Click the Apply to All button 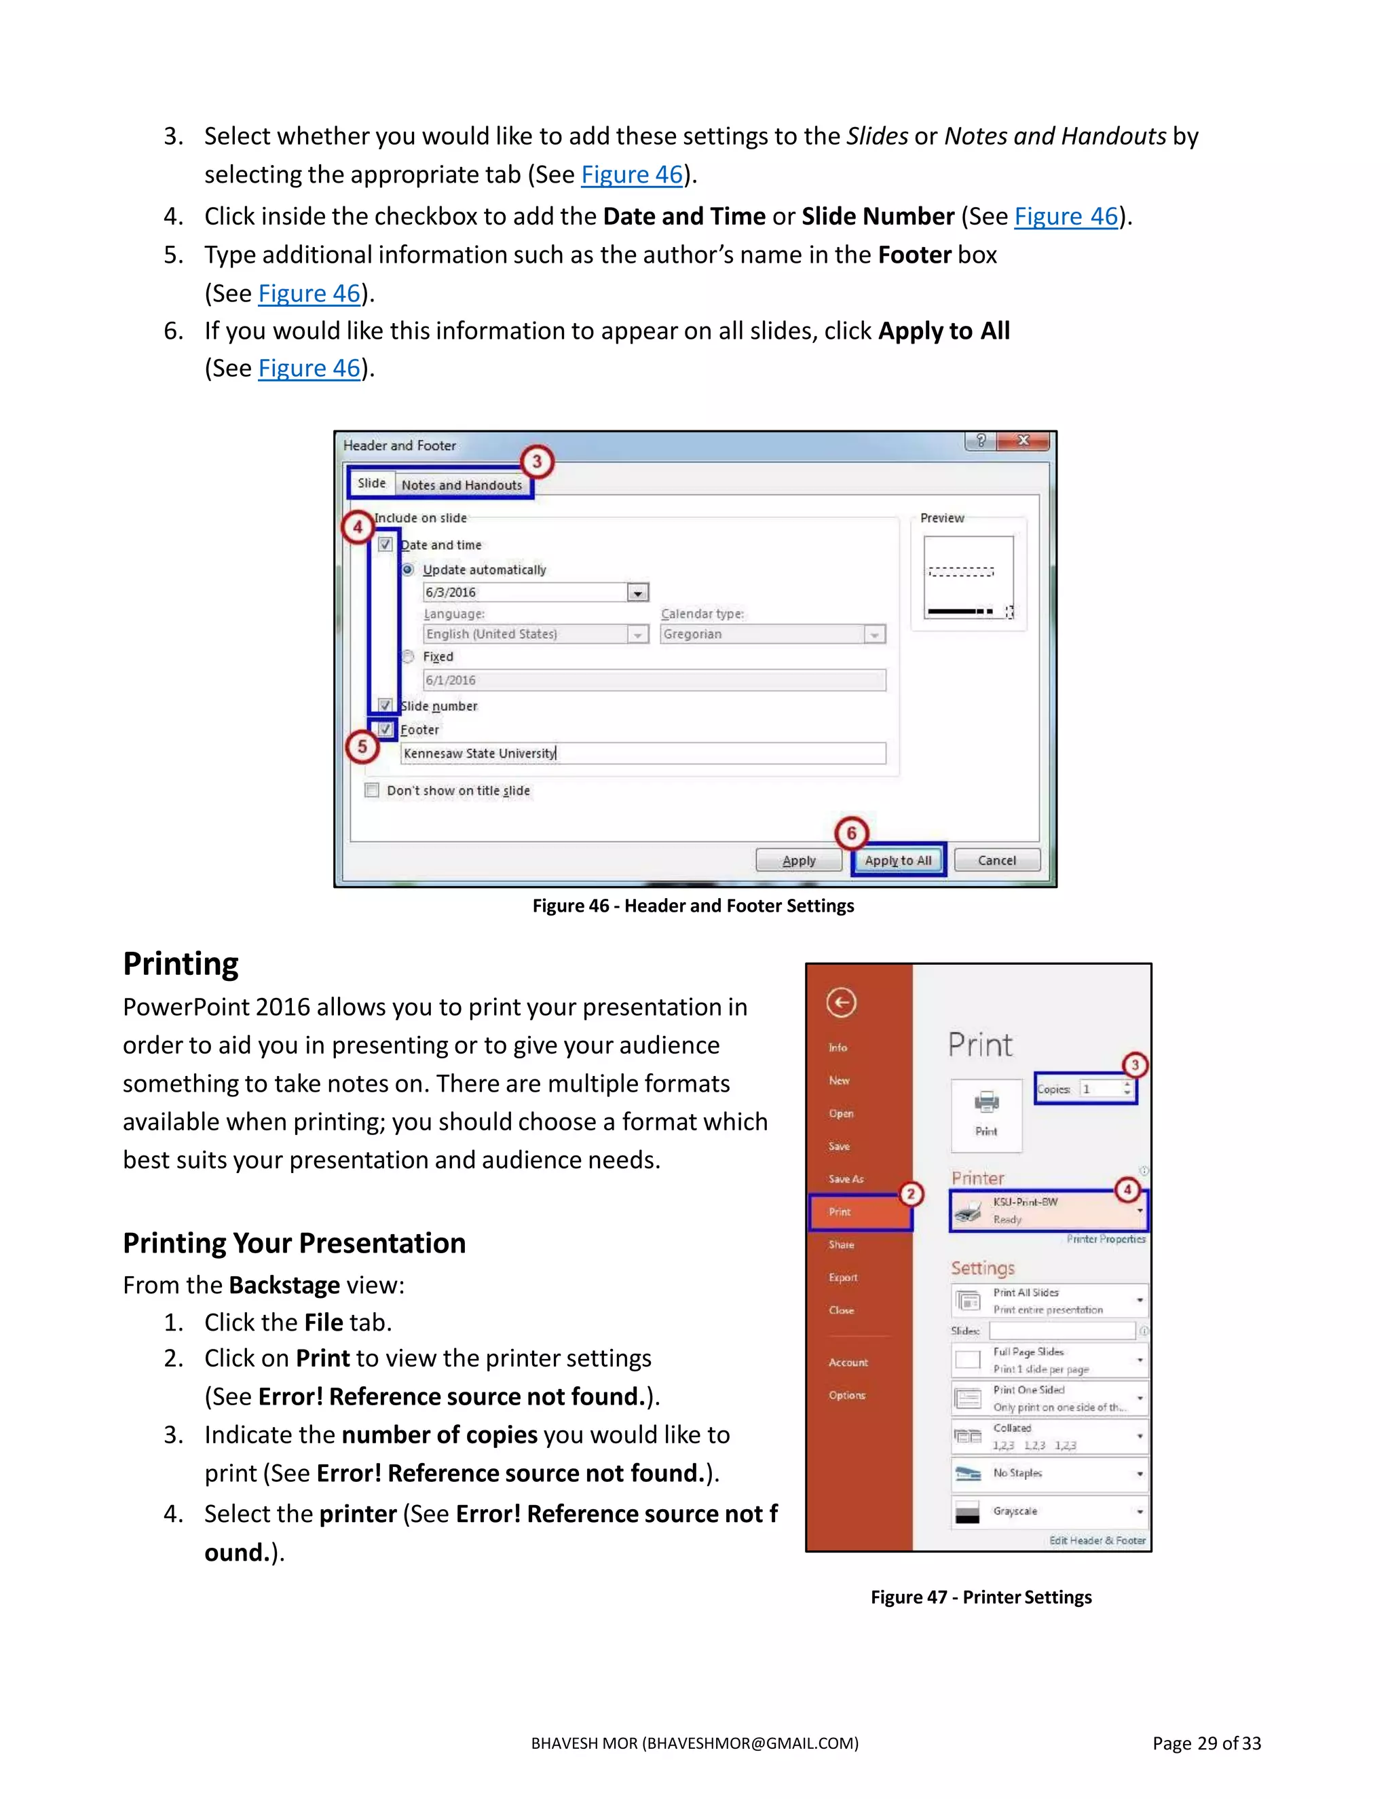(897, 860)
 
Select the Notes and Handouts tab (462, 485)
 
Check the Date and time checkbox (385, 544)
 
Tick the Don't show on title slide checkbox (372, 790)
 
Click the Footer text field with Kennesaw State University (642, 753)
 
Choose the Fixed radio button (408, 656)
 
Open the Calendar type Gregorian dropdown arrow (874, 634)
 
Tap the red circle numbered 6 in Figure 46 (852, 833)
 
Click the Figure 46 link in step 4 (1066, 216)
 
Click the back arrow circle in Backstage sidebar (841, 1003)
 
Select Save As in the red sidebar (846, 1179)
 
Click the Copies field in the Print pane (1104, 1089)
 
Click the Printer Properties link (1105, 1239)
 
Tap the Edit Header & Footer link (1097, 1540)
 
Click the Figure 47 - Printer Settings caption (981, 1597)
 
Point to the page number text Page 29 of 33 (1205, 1743)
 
